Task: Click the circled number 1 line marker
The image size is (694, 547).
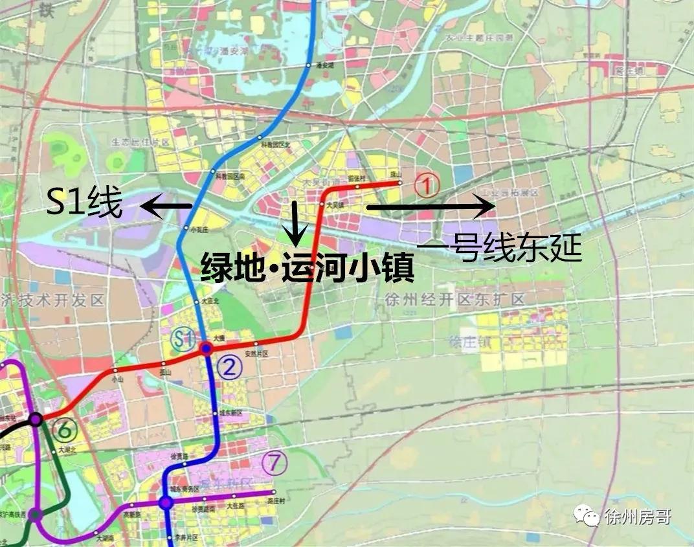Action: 427,186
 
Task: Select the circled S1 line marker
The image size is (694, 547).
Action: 183,337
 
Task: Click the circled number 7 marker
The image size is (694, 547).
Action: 275,463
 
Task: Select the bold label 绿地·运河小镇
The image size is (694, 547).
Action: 308,266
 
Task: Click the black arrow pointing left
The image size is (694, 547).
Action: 167,207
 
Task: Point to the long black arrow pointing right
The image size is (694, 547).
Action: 431,207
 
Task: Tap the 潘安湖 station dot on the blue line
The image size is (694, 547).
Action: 307,65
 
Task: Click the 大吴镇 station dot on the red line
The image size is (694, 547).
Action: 321,205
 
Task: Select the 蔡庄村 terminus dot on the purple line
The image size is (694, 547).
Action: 271,493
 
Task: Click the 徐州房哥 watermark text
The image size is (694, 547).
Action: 637,517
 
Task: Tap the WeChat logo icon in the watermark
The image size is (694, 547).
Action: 590,517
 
